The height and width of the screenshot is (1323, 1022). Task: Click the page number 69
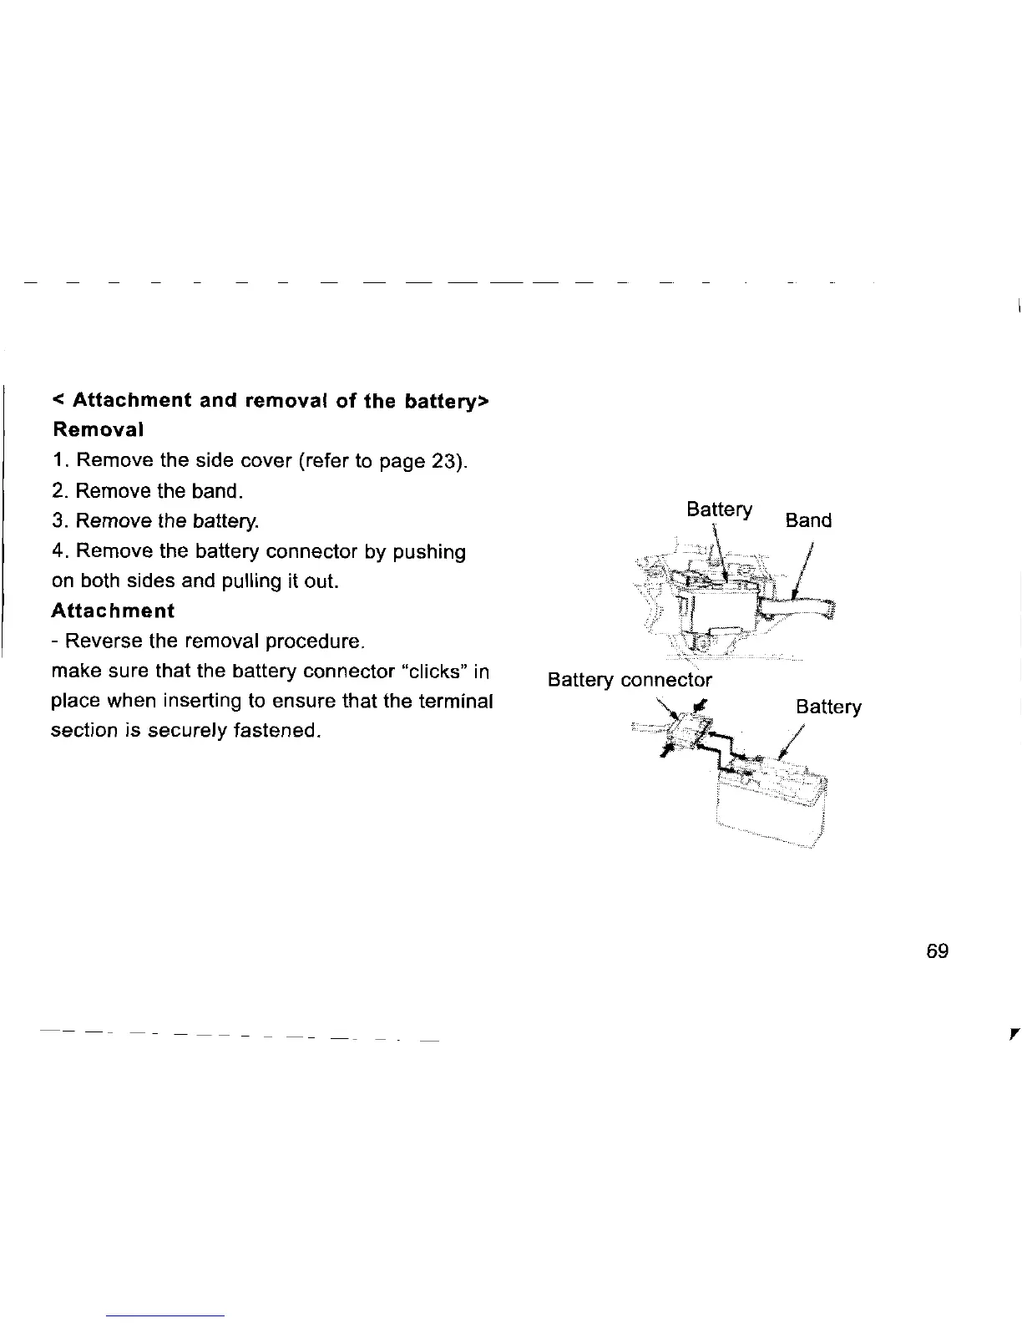pos(938,950)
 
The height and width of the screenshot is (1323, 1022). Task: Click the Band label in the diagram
pos(808,520)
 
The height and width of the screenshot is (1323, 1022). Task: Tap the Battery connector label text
pos(630,680)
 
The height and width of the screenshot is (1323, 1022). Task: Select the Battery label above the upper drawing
pos(719,509)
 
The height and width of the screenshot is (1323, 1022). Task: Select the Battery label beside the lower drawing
pos(828,707)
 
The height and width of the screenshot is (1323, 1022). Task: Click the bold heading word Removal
pos(98,430)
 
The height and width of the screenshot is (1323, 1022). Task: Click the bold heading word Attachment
pos(113,611)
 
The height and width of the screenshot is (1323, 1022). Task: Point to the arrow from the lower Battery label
pos(792,740)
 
